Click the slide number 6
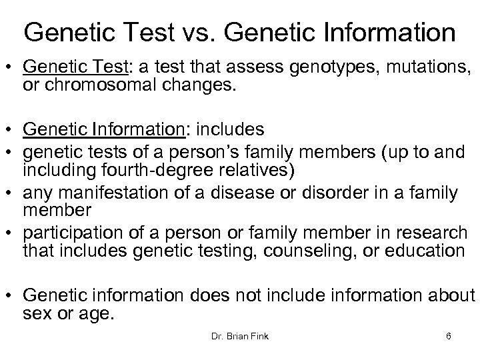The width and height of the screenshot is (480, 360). point(449,337)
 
